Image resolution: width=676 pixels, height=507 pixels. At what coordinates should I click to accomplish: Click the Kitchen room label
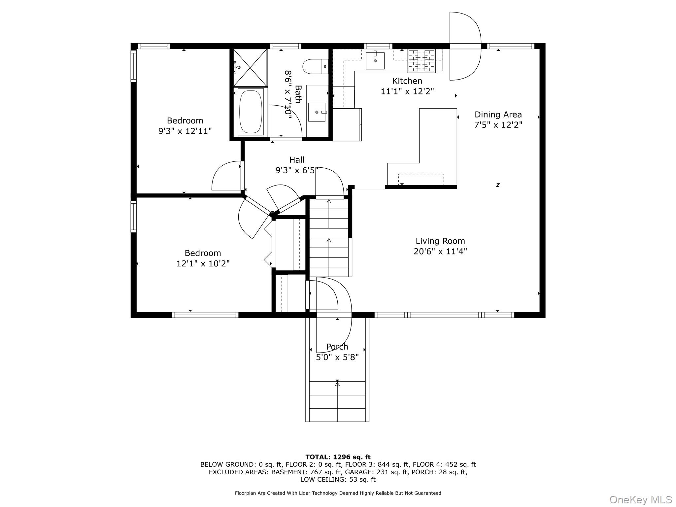click(x=407, y=81)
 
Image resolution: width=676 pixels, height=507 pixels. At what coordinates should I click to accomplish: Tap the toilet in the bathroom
click(x=315, y=66)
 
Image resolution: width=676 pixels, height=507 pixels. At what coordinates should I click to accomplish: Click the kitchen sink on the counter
click(x=375, y=61)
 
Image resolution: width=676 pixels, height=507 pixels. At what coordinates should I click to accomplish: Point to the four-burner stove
click(x=421, y=61)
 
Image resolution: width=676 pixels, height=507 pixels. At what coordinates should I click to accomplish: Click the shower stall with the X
click(x=250, y=68)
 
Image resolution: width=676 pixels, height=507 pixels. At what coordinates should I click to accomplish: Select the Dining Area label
click(x=498, y=115)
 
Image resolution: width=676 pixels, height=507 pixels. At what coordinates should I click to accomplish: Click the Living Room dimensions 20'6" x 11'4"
click(x=440, y=252)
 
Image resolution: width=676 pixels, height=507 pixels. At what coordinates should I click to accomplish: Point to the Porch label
click(x=337, y=347)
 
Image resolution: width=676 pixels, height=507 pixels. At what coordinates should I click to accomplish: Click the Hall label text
click(x=297, y=160)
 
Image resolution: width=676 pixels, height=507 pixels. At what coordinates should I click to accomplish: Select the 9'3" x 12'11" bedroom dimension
click(x=185, y=131)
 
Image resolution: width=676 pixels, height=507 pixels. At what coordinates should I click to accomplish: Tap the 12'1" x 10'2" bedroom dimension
click(x=203, y=263)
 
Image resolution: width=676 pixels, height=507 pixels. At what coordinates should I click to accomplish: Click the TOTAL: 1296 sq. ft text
click(x=338, y=457)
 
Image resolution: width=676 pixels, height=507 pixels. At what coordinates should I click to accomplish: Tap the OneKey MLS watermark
click(x=640, y=499)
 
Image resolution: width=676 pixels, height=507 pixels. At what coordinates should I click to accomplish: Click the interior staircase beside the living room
click(x=329, y=238)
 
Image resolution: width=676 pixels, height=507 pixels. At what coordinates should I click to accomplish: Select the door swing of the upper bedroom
click(x=226, y=177)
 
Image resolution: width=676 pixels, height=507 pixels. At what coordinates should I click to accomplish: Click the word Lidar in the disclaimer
click(x=303, y=493)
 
